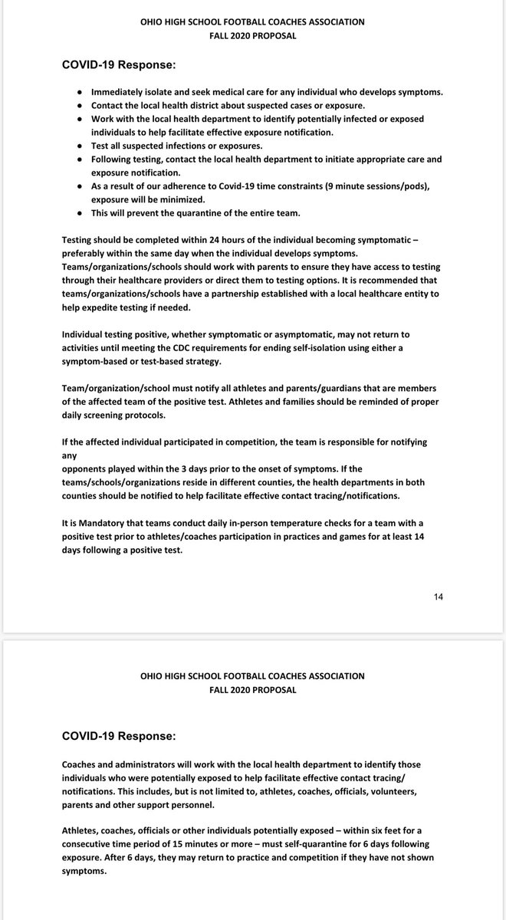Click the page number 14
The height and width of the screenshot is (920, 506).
coord(438,595)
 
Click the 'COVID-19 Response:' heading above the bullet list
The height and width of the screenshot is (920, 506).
coord(119,65)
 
